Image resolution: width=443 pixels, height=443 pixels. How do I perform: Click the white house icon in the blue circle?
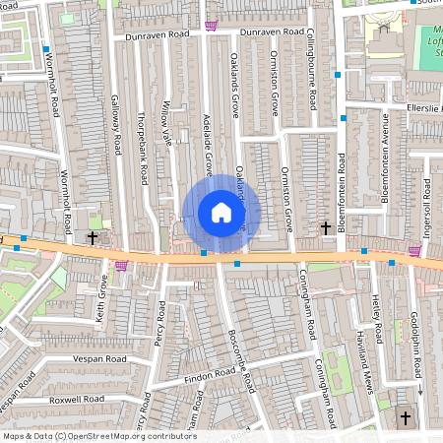pyautogui.click(x=221, y=213)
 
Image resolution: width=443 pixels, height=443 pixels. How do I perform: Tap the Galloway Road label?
pyautogui.click(x=116, y=125)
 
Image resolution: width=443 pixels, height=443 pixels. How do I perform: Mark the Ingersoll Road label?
pyautogui.click(x=427, y=207)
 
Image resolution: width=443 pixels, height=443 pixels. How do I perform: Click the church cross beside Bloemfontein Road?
pyautogui.click(x=326, y=228)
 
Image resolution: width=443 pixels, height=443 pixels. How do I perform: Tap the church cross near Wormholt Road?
pyautogui.click(x=93, y=237)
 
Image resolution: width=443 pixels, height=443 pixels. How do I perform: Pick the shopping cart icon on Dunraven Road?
pyautogui.click(x=210, y=27)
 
